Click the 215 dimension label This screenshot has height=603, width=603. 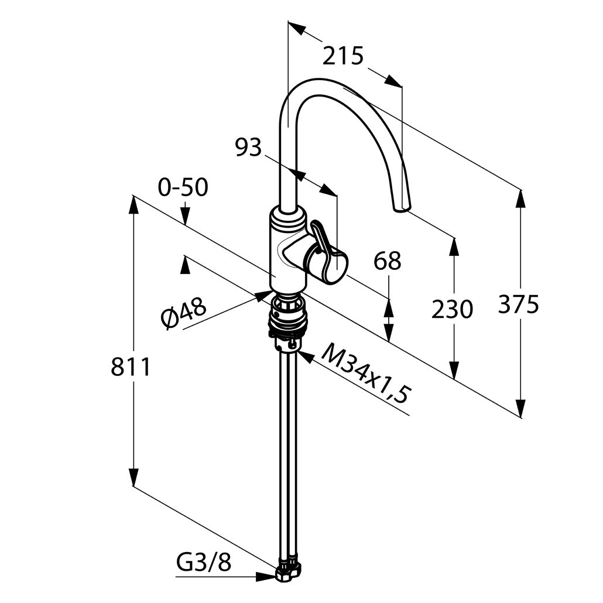coord(343,56)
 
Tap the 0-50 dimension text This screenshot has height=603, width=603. coord(183,188)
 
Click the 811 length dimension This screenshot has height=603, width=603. coord(131,367)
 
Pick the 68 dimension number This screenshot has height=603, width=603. coord(388,261)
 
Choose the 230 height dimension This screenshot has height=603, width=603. coord(451,309)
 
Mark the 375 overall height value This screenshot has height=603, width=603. coord(518,304)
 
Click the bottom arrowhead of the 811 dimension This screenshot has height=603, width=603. coord(133,478)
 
